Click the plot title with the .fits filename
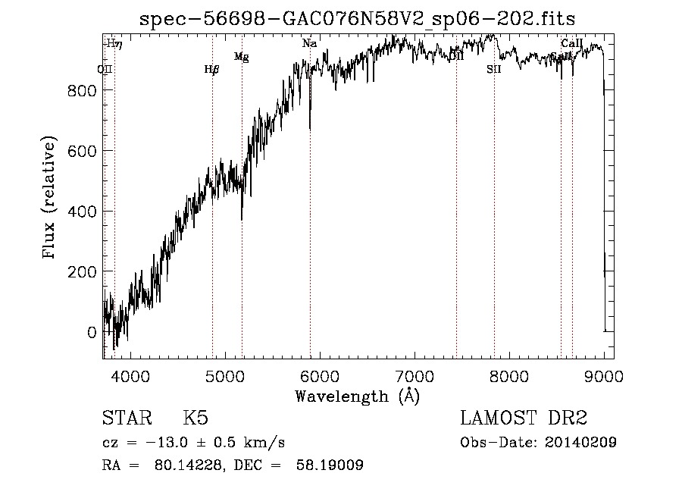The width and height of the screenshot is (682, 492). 358,18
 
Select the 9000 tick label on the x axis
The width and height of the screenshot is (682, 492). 604,375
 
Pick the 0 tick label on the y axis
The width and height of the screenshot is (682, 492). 91,332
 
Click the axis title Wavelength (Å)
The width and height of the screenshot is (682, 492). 357,396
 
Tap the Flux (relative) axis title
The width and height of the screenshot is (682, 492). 51,199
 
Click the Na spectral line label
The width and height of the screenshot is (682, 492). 309,44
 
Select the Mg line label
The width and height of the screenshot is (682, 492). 241,57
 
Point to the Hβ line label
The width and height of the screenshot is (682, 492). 211,70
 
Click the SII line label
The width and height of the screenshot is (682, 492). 494,70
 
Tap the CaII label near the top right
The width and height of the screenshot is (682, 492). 571,43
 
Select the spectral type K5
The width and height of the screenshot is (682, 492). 196,418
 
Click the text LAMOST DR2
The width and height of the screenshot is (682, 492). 524,418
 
